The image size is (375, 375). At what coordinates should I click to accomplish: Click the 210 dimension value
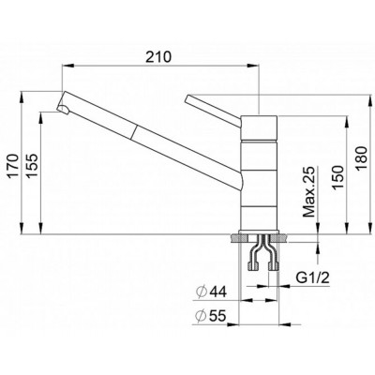tap(159, 57)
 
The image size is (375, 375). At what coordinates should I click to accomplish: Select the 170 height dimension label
tap(14, 166)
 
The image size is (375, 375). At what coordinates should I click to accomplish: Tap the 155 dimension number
tap(33, 166)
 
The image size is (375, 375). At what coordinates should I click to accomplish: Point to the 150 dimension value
tap(337, 177)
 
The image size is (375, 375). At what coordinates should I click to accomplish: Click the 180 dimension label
tap(362, 158)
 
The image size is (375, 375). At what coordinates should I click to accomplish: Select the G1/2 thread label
tap(312, 277)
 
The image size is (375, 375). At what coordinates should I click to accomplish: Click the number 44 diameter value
tap(217, 292)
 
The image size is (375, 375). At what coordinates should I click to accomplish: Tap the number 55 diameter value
tap(217, 316)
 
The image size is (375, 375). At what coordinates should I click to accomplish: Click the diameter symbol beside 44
tap(202, 292)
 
